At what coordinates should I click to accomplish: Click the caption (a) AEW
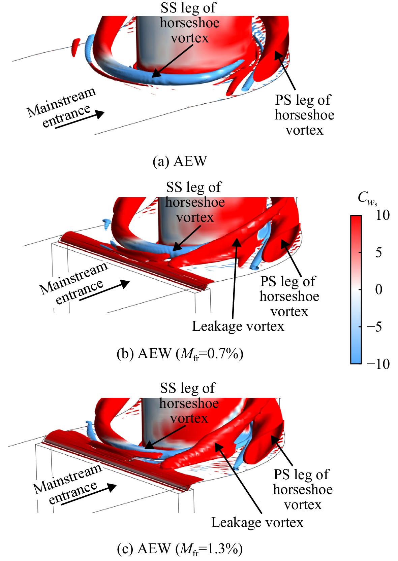click(x=180, y=161)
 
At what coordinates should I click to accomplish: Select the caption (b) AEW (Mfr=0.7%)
click(x=180, y=354)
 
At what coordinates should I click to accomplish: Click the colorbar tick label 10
click(x=383, y=215)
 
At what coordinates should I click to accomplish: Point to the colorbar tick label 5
click(x=379, y=252)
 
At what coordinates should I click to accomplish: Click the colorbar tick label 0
click(x=379, y=289)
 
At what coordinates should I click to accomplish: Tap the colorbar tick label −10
click(x=378, y=364)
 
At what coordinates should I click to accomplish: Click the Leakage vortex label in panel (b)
click(x=238, y=326)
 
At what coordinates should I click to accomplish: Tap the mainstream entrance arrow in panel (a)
click(x=80, y=120)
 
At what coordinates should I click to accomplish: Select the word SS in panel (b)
click(x=175, y=187)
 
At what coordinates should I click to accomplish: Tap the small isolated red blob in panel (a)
click(x=75, y=47)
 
